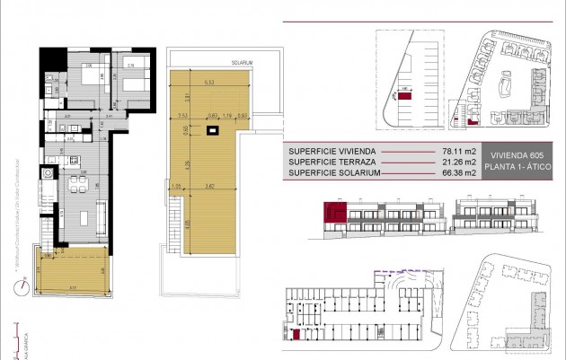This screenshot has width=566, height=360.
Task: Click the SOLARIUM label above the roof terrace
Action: (x=240, y=63)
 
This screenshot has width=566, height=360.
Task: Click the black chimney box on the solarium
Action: (x=211, y=134)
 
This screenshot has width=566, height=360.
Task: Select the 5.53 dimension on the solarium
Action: (x=208, y=83)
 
